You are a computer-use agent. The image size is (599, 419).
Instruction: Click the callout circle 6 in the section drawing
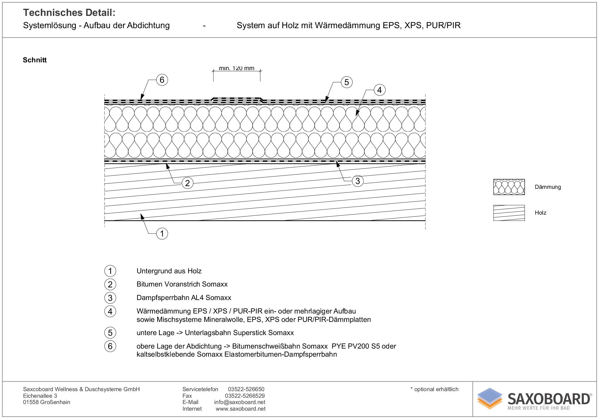point(162,80)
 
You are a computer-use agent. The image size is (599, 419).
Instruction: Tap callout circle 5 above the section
point(347,82)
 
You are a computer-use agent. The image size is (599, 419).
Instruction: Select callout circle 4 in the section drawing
point(380,90)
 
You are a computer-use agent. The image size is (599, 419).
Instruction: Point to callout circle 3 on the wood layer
point(357,181)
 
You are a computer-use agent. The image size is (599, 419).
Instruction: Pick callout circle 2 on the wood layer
point(188,183)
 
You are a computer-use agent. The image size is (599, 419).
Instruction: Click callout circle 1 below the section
point(162,233)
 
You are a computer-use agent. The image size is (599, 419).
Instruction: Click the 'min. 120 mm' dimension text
point(236,68)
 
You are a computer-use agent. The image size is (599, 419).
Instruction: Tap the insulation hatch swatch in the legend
point(509,187)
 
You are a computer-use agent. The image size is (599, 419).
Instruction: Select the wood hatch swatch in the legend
point(509,213)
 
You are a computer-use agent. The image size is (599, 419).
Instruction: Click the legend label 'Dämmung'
point(548,187)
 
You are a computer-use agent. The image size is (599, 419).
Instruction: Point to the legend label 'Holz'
point(540,213)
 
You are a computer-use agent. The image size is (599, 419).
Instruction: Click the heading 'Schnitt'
point(35,60)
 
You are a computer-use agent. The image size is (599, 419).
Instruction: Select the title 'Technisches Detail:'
point(69,13)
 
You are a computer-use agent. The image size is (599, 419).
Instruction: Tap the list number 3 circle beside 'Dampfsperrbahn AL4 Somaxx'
point(110,298)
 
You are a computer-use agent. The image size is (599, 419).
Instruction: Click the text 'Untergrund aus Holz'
point(169,271)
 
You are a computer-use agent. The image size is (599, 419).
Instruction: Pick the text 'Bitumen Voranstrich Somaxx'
point(182,284)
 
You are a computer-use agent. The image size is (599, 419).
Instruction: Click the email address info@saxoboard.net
point(240,402)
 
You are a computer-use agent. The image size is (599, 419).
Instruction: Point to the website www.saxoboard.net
point(241,409)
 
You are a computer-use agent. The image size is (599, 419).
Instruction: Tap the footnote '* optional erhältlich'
point(434,389)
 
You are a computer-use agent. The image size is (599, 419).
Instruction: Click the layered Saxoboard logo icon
point(490,398)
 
